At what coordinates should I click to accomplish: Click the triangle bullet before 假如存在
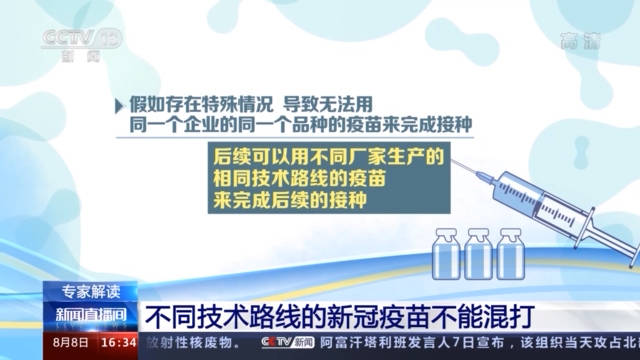click(120, 103)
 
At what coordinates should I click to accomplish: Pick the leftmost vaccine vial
click(445, 254)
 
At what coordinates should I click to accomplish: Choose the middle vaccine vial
click(477, 254)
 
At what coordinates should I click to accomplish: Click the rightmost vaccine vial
click(510, 254)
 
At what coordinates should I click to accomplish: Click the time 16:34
click(120, 343)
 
